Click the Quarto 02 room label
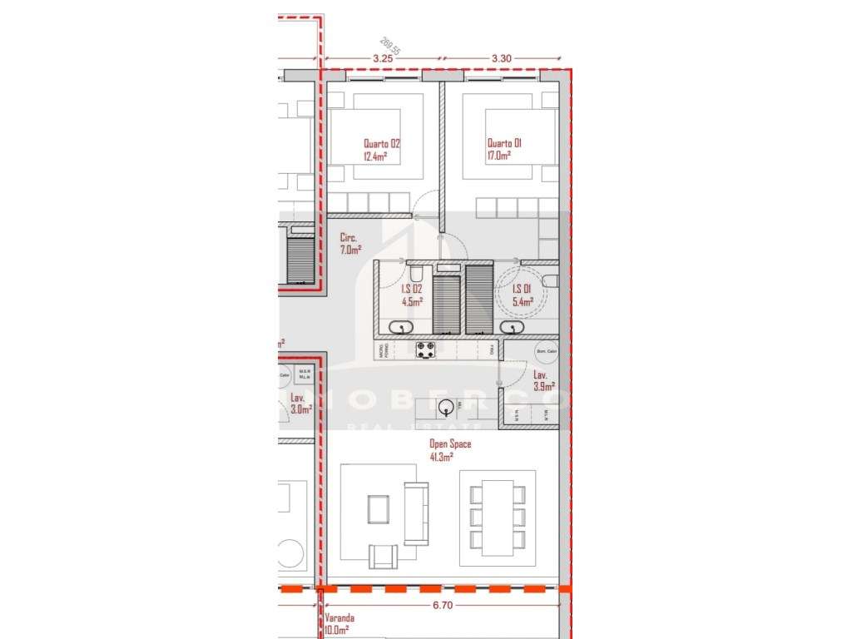[x=381, y=142]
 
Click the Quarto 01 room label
[x=504, y=142]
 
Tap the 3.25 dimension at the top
[x=383, y=58]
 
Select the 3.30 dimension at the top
[x=501, y=58]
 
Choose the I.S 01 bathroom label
[x=523, y=289]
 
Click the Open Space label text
[x=449, y=444]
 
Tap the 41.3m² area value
[x=441, y=457]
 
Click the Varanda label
[x=339, y=618]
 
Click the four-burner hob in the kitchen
[x=426, y=352]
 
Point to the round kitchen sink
[x=448, y=407]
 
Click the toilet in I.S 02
[x=417, y=273]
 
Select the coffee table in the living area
[x=379, y=507]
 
